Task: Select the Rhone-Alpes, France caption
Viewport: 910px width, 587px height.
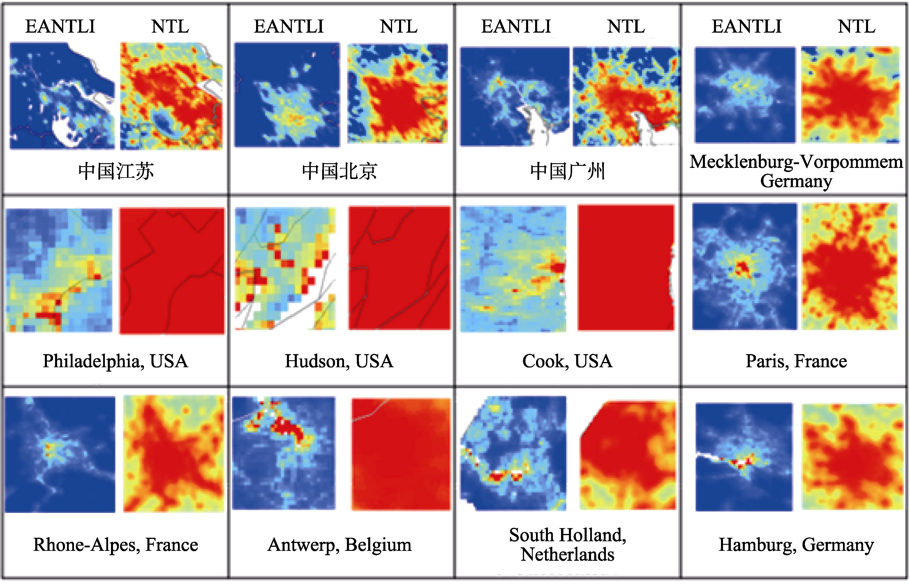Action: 115,545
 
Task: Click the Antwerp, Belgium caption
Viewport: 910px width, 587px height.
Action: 339,545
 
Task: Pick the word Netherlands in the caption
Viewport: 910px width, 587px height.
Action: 567,555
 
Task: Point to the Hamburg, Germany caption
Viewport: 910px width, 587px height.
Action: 796,545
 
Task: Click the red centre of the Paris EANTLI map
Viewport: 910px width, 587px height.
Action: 742,268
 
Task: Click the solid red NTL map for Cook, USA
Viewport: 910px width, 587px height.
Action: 626,268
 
